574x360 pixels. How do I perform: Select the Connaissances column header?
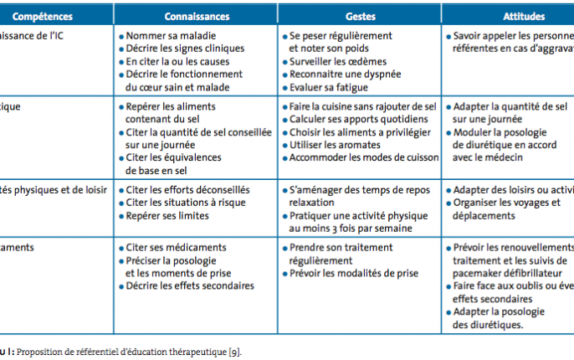tap(197, 16)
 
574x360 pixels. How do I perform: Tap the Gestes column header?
tap(361, 16)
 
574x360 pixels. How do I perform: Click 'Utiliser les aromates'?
tap(335, 145)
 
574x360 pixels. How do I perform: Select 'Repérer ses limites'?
tap(168, 214)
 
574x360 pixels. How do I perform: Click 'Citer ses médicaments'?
tap(176, 248)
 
